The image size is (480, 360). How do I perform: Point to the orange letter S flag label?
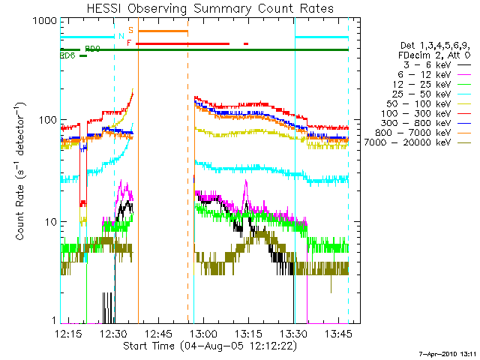click(x=130, y=30)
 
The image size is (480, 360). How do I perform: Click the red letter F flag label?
click(x=129, y=43)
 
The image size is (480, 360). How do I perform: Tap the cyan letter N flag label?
click(x=121, y=36)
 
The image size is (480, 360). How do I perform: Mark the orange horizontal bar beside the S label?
click(x=163, y=31)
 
